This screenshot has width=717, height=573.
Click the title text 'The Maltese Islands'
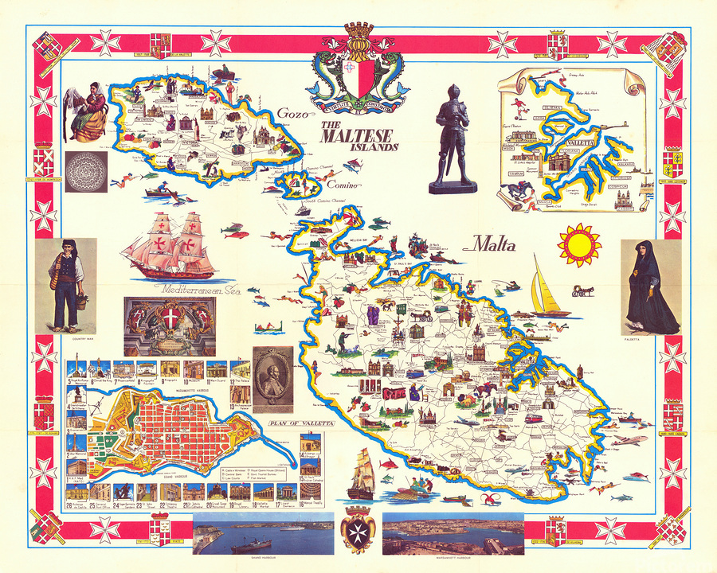(360, 136)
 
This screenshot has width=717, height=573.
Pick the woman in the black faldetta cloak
(652, 286)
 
